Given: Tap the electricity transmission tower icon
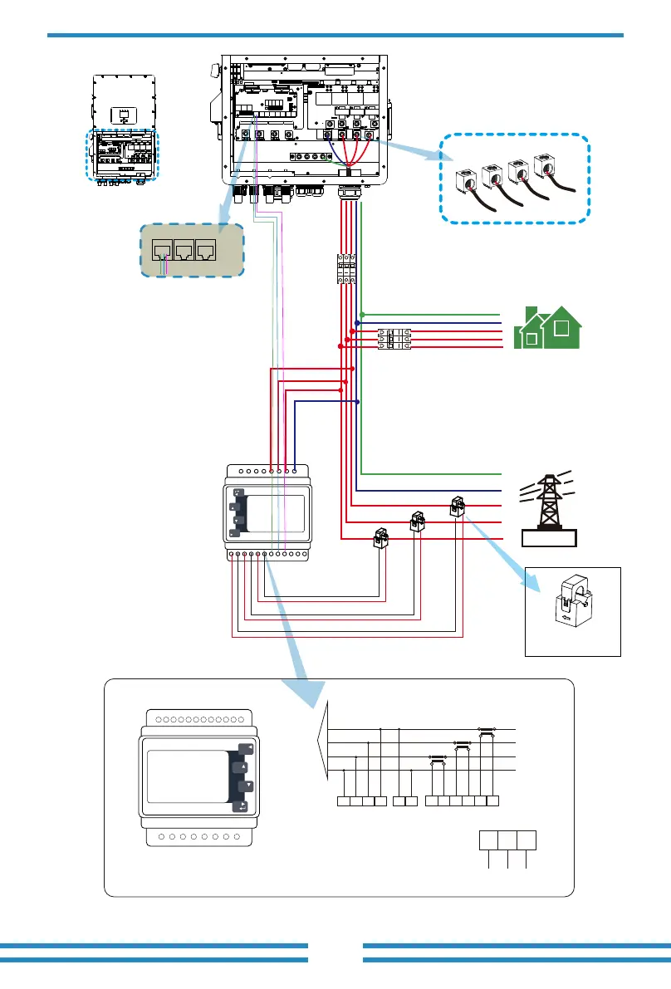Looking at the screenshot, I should pos(546,504).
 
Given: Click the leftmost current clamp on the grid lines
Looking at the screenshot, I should pos(383,537).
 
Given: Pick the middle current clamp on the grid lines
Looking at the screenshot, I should pos(418,521).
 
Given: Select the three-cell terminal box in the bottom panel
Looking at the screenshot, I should pos(507,840).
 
